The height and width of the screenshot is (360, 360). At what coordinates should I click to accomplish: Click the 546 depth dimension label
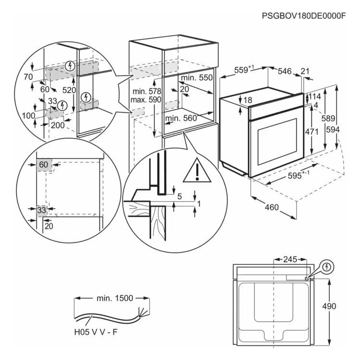click(x=285, y=72)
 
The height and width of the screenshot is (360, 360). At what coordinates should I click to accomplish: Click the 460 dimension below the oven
click(x=271, y=208)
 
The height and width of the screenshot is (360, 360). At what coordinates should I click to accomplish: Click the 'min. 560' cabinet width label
click(x=180, y=118)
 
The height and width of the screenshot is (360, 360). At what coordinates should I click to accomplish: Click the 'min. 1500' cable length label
click(x=113, y=298)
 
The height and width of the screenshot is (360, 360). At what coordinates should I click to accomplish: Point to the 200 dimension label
click(x=58, y=125)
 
